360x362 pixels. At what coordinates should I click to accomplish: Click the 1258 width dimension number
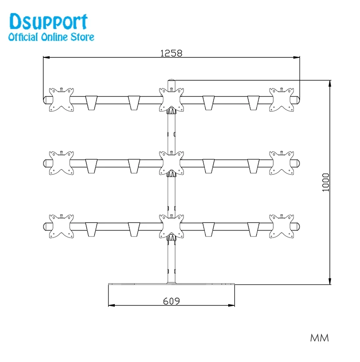coord(171,53)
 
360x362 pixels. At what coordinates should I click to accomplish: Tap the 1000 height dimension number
coord(325,182)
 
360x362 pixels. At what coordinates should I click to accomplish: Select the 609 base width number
coord(171,301)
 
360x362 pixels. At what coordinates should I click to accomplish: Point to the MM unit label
coord(319,338)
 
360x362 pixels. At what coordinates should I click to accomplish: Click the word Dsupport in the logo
coord(49,22)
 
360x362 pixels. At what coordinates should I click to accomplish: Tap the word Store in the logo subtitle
coord(82,37)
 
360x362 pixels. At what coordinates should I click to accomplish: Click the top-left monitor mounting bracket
coord(61,99)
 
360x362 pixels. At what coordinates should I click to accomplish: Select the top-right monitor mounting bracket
coord(282,99)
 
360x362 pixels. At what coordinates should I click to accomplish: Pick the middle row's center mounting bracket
coord(172,163)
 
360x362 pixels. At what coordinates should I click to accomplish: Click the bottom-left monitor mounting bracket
coord(61,226)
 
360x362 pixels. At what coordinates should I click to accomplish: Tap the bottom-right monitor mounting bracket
coord(282,226)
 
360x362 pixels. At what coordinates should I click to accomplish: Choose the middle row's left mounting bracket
coord(61,163)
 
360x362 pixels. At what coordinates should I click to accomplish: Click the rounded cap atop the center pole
coord(172,83)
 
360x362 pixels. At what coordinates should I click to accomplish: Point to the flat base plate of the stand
coord(172,284)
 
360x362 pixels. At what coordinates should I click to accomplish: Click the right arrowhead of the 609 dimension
coord(231,305)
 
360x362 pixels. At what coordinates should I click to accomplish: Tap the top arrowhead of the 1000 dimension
coord(330,84)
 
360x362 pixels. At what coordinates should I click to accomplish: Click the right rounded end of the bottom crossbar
coord(297,227)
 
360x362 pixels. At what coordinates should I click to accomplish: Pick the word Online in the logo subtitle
coord(54,37)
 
